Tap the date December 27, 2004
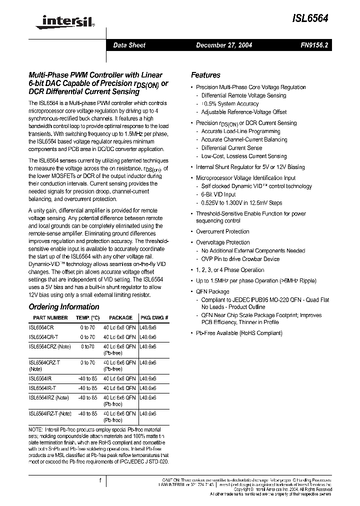(223, 45)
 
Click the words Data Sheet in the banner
(129, 45)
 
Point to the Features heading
(205, 75)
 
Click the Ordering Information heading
(64, 306)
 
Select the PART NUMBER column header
(50, 317)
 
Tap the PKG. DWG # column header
(154, 317)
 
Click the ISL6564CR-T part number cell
(43, 337)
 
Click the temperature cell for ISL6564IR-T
(88, 388)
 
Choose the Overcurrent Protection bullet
(222, 231)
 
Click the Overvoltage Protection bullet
(222, 242)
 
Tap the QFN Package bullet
(212, 291)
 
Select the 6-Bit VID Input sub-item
(218, 194)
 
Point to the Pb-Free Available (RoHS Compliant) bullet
(239, 333)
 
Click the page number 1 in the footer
(100, 480)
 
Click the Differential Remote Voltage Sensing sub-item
(243, 95)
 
